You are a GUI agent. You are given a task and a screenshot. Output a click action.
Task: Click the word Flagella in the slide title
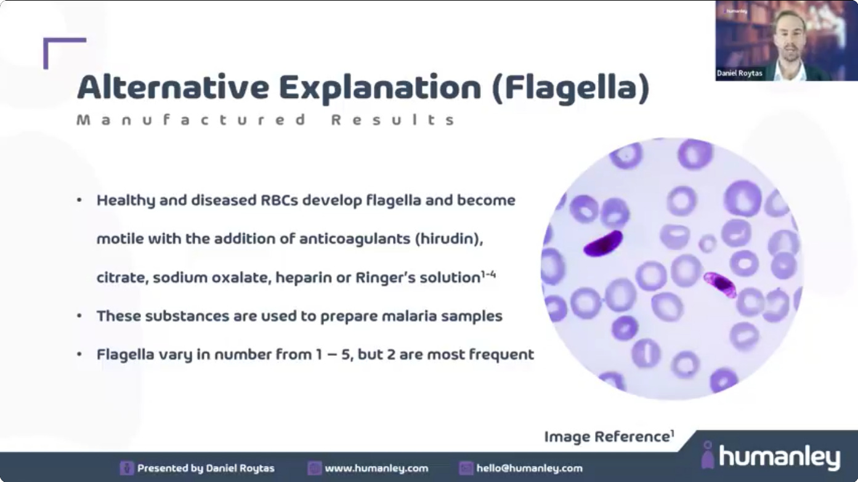[x=570, y=88]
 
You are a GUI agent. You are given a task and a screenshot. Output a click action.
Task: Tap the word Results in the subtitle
[x=393, y=120]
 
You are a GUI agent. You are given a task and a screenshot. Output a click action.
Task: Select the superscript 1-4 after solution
[x=488, y=275]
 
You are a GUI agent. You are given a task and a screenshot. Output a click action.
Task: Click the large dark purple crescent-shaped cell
[x=603, y=244]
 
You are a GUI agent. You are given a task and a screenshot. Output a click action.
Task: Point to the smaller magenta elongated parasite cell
[x=720, y=284]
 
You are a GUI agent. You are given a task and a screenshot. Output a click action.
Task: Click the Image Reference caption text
[x=609, y=437]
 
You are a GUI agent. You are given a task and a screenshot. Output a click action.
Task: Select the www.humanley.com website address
[x=376, y=468]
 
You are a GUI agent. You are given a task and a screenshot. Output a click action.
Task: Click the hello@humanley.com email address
[x=529, y=468]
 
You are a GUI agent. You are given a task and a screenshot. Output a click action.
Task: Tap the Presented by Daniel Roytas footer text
[x=206, y=468]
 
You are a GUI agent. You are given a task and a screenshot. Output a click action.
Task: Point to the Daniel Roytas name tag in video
[x=739, y=73]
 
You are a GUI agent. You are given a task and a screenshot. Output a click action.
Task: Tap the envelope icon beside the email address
[x=466, y=468]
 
